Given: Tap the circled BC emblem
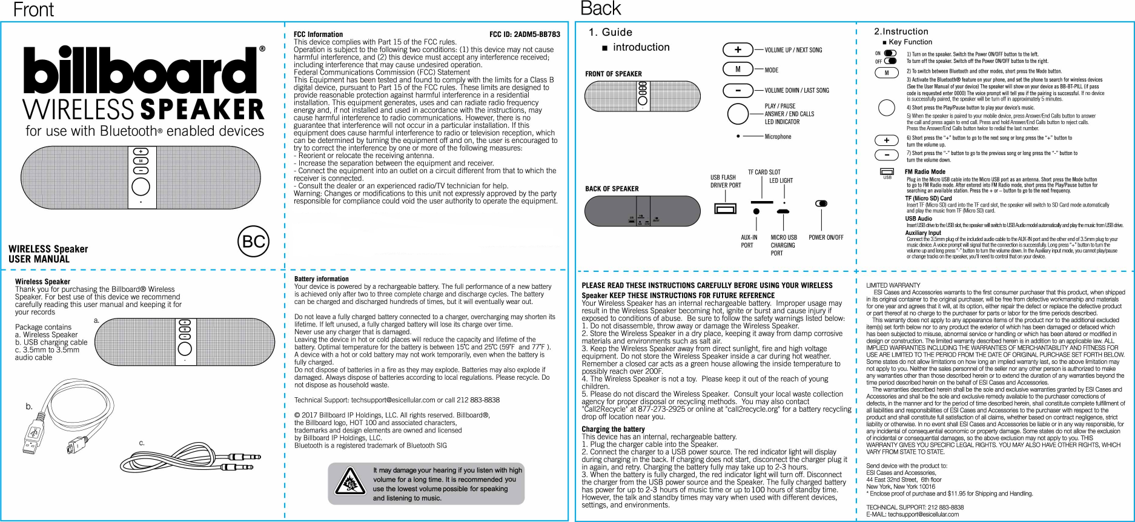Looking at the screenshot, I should (x=253, y=242).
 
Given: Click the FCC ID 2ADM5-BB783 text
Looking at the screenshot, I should (x=524, y=35).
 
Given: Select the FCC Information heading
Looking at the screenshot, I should (x=318, y=35).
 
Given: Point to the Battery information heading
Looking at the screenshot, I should (x=321, y=279).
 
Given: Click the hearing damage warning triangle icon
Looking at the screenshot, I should (x=349, y=483).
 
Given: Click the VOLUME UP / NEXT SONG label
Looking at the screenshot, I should (x=793, y=50).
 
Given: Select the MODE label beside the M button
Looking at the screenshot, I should (x=771, y=70).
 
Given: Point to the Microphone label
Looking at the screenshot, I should (x=778, y=137).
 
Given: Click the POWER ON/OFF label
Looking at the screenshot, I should (x=826, y=237).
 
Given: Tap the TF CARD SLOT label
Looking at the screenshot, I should (x=764, y=173).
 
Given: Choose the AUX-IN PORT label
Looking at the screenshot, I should (x=749, y=241).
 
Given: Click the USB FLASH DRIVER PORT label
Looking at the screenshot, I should (x=725, y=182).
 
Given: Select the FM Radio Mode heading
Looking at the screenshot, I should (x=924, y=172).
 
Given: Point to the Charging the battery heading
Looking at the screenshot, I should (x=613, y=429).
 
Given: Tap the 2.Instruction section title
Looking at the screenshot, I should (x=901, y=31).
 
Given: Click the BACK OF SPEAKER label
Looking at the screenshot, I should (x=612, y=189).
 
